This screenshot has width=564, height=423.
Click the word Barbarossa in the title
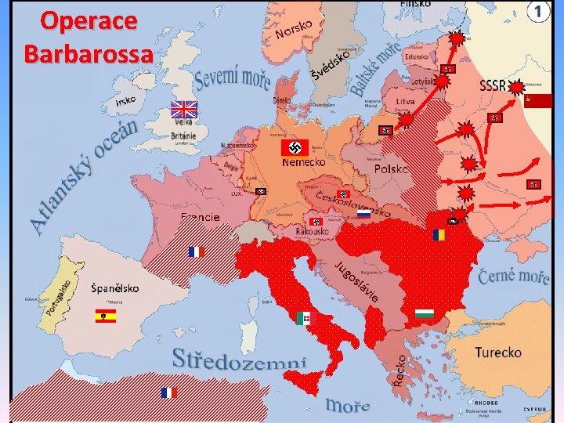coord(89,53)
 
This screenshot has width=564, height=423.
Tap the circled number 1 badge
coord(537,12)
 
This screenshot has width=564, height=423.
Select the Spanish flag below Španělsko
coord(105,316)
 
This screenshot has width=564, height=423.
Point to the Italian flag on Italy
coord(304,318)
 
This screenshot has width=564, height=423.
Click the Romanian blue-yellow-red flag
coord(438,234)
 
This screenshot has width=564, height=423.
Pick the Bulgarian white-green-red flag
coord(425,314)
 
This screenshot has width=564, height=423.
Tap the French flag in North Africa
coord(168,392)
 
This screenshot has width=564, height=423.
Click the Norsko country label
coord(295,30)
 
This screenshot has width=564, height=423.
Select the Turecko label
coord(497,352)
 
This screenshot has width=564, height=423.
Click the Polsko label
coord(391,169)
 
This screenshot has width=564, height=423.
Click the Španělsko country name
coord(115,288)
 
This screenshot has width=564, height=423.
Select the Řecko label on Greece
coord(400,367)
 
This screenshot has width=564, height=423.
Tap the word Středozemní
coord(239,361)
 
